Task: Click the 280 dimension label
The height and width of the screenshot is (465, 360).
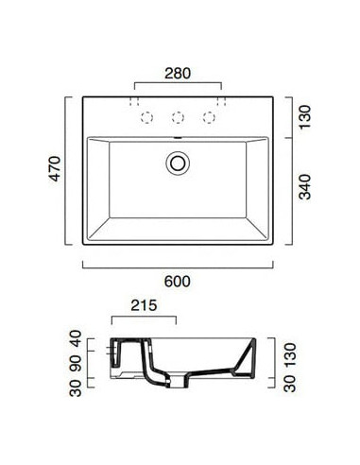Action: [178, 74]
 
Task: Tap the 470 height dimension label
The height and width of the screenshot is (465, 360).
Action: [55, 169]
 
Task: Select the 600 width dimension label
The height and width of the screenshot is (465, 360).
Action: [178, 282]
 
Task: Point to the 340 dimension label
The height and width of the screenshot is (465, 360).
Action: [304, 187]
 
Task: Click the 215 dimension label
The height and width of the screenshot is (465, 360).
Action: [144, 305]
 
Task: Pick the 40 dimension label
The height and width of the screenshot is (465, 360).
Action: [76, 338]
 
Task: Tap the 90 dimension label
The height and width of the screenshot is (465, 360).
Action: [76, 363]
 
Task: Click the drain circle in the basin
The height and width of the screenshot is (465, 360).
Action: [178, 163]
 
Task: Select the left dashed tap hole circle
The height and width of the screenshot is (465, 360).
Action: [147, 118]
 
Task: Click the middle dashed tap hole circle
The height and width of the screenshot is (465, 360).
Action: [178, 118]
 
